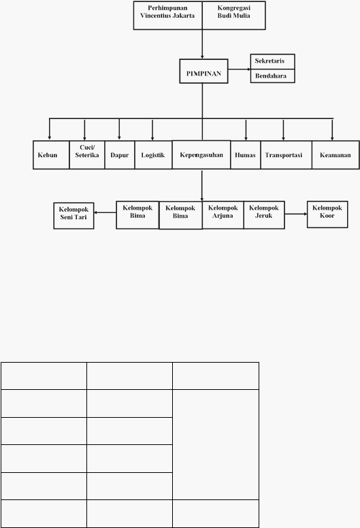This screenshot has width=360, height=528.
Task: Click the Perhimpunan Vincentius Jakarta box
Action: coord(167,16)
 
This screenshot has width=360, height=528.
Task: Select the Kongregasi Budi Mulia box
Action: coord(233,16)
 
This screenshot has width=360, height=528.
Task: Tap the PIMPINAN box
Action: coord(203,71)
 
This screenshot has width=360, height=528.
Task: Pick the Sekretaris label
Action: coord(269,61)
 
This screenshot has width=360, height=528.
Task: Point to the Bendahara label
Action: coord(271,76)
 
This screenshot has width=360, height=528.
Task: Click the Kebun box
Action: coord(51,155)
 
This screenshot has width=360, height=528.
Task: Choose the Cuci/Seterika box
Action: coord(87,155)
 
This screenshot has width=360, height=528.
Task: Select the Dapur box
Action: coord(120,155)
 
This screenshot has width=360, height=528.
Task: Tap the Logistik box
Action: coord(153,155)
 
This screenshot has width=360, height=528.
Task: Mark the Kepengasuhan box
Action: coord(201,154)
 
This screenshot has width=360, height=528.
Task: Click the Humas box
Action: coord(246,155)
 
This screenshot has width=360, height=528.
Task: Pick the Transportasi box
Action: coord(287,155)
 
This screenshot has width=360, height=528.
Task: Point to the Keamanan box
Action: coord(336,155)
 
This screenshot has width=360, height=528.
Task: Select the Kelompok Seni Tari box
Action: coord(73,216)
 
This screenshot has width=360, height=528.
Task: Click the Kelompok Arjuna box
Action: coord(223,215)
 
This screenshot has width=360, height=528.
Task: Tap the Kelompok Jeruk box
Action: coord(264,215)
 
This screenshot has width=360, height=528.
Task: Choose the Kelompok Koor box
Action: coord(327,214)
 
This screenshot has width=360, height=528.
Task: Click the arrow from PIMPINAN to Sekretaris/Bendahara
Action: coord(239,69)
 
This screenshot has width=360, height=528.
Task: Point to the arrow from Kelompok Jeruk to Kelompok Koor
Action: coord(295,214)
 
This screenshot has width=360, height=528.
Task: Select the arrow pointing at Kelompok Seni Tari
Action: coord(105,212)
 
